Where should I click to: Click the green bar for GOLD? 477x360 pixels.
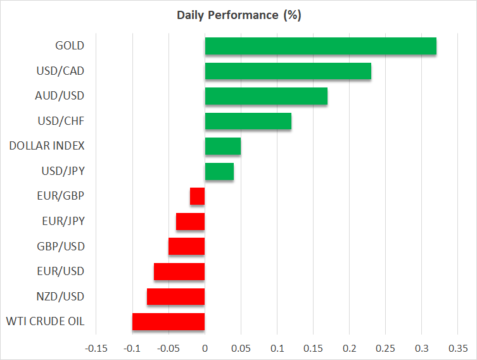(x=320, y=46)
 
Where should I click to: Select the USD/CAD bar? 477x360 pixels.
(x=288, y=70)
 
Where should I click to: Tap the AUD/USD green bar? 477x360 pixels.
(x=266, y=96)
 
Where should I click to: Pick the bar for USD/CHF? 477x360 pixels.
(x=248, y=120)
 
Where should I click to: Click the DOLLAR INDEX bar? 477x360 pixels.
(x=222, y=146)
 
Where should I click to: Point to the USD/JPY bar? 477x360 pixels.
(x=219, y=171)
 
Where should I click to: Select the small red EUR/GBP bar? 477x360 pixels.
(x=197, y=196)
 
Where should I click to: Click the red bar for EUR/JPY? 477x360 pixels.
(x=190, y=221)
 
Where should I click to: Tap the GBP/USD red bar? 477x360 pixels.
(x=186, y=247)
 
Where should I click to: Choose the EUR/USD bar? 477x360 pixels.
(x=179, y=271)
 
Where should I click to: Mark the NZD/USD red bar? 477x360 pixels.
(x=175, y=297)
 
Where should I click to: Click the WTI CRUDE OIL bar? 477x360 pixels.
(x=169, y=322)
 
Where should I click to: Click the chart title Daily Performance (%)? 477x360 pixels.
(x=238, y=15)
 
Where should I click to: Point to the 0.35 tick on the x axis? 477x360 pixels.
(x=457, y=349)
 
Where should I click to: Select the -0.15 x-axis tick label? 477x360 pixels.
(x=96, y=349)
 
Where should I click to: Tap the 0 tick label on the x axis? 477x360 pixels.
(x=205, y=349)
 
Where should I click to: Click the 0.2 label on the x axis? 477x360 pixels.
(x=349, y=349)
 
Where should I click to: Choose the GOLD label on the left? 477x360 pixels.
(x=70, y=46)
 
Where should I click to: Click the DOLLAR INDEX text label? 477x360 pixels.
(x=47, y=146)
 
